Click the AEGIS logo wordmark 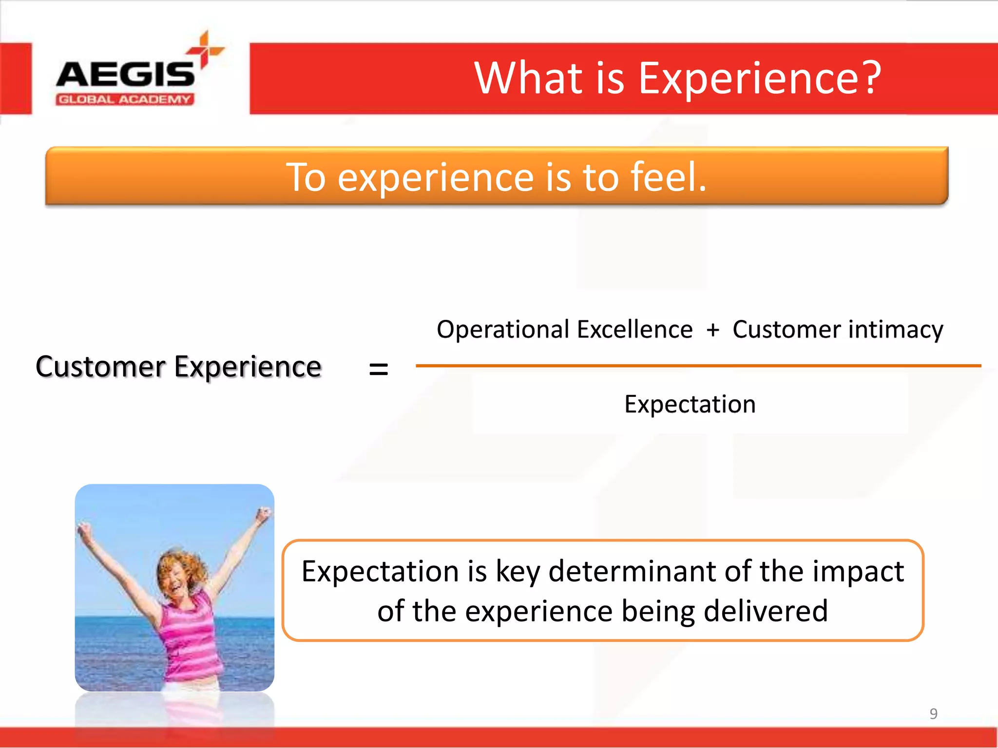click(x=125, y=75)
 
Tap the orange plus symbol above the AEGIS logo click(x=205, y=50)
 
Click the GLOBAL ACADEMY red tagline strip click(x=125, y=100)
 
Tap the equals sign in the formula click(x=379, y=369)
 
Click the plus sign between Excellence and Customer click(x=713, y=330)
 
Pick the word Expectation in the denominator click(x=690, y=404)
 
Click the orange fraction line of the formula click(x=698, y=366)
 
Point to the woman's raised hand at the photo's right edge click(x=264, y=514)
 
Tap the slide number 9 click(x=933, y=713)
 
